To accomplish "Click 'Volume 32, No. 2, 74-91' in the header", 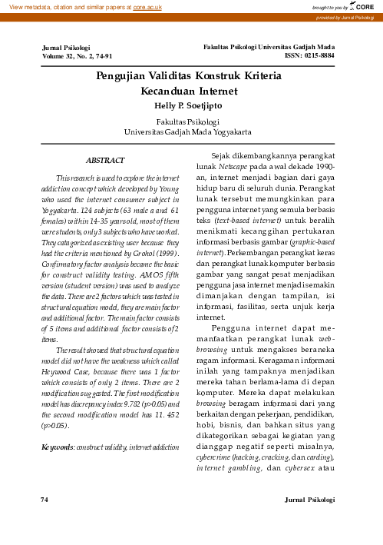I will point(78,57).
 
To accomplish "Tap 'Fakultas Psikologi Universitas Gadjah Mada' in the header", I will point(269,48).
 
